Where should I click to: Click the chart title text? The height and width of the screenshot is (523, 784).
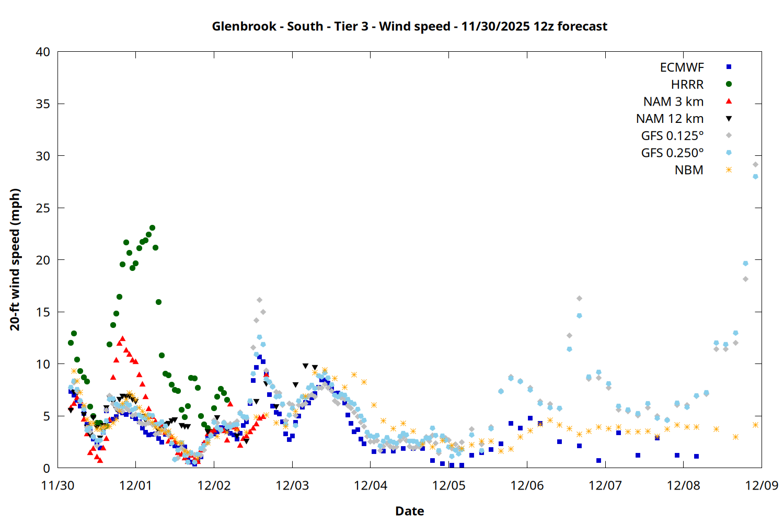[409, 26]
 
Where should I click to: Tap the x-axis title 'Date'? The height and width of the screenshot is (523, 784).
[409, 511]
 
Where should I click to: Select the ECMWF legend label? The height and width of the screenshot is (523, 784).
[682, 67]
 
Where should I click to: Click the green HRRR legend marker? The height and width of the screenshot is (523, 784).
[729, 84]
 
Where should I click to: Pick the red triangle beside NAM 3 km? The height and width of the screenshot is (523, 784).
[729, 101]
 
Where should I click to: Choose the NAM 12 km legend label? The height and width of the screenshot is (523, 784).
[670, 119]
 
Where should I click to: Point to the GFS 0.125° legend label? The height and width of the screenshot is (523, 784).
[672, 136]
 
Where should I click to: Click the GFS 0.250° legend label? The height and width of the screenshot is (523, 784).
[672, 153]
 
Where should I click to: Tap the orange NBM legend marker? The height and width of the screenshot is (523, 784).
[729, 170]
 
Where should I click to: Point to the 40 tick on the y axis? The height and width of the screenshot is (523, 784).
[43, 52]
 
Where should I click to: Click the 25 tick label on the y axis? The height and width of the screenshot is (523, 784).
[43, 208]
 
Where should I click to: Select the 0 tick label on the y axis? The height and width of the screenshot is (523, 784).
[47, 468]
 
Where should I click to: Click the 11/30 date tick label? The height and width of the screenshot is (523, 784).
[57, 485]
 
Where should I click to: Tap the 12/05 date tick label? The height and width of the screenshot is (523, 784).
[448, 485]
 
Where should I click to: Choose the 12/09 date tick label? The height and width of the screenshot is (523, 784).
[762, 485]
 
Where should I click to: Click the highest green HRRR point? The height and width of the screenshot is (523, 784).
[152, 228]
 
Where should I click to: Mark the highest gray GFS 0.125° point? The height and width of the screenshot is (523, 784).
[755, 164]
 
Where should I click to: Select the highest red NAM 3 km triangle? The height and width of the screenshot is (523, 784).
[122, 338]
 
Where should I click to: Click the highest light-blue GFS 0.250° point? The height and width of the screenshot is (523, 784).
[755, 177]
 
